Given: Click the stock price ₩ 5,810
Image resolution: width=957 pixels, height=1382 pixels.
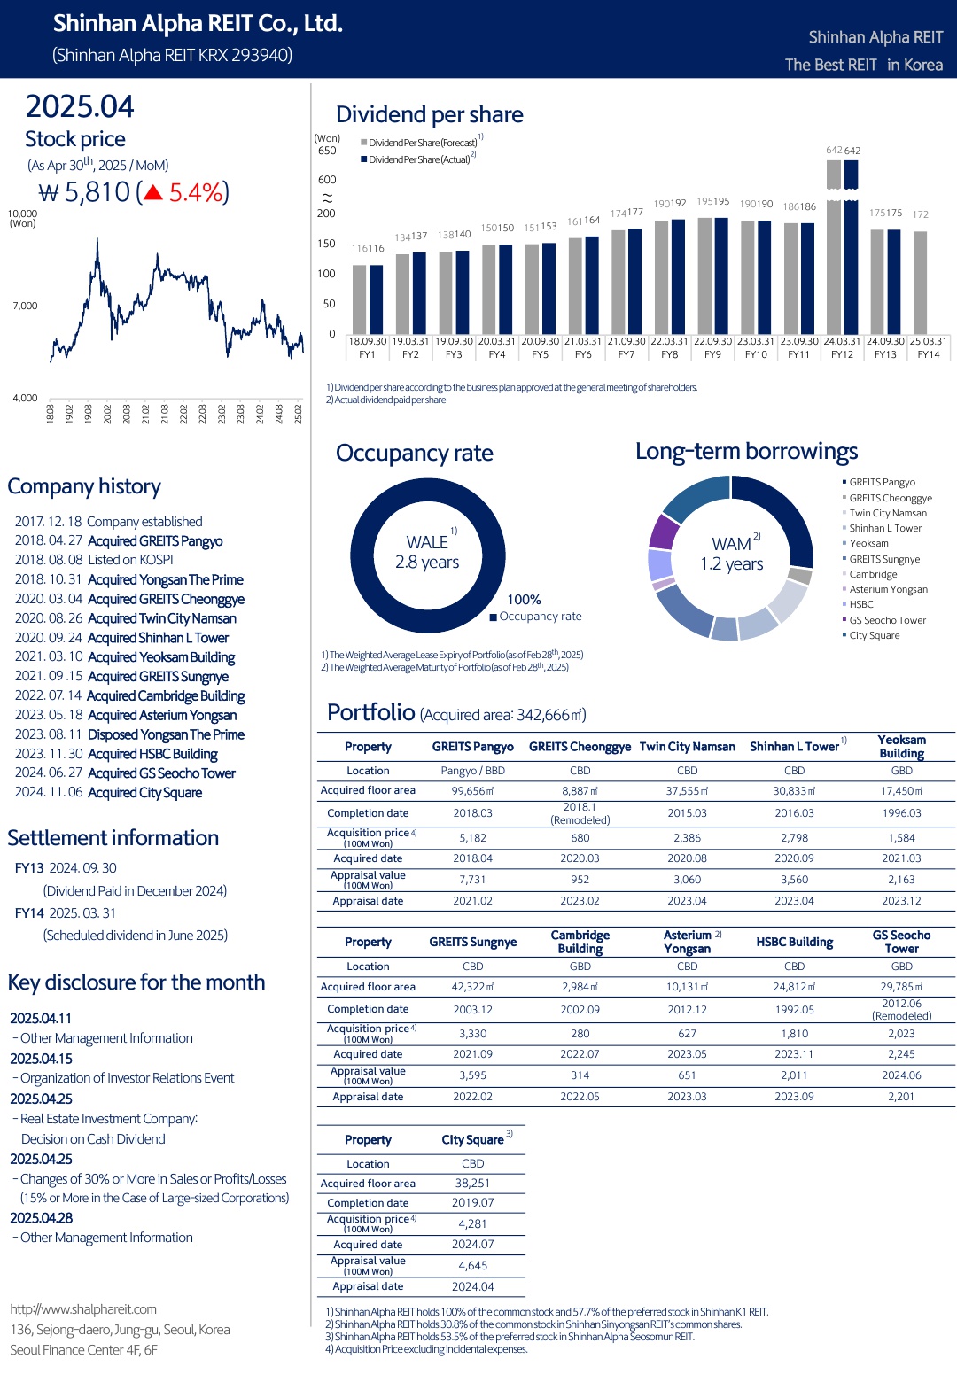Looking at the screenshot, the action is pos(84,192).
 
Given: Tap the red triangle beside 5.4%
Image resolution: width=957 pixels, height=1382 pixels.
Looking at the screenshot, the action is pos(152,193).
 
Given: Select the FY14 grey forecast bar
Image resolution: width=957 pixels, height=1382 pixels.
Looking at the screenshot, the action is pos(920,283).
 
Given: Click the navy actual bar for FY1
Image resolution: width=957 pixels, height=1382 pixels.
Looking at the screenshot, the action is pos(376,299).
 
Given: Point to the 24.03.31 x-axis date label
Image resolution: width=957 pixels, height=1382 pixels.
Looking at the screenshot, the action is pos(842,341).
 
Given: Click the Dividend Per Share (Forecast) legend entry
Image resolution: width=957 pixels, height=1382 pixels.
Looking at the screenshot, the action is pos(419,143).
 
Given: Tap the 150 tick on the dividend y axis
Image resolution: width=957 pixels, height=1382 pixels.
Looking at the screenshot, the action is pos(326,244).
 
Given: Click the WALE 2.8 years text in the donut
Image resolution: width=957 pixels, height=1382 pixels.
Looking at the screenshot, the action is pos(427,552).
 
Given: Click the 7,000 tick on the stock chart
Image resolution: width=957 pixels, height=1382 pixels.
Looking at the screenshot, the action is pos(25,306).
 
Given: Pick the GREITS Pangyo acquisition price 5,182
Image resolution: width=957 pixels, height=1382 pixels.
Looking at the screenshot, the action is pos(472,838).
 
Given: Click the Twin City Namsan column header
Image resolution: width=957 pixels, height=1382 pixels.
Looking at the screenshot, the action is pos(688,747).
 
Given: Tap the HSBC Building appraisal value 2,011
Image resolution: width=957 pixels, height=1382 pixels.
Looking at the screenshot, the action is pos(794,1075).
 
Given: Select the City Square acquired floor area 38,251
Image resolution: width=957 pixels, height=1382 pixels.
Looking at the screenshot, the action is pos(472,1183).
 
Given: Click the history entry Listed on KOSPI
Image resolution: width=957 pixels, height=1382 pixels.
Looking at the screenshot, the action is pos(130,560).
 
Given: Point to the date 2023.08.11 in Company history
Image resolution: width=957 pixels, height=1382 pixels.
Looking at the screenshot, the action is pos(49,734).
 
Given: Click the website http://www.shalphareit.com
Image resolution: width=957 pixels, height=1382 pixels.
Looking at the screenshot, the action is pos(83,1309).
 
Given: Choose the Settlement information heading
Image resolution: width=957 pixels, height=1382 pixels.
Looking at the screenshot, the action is pos(113,838).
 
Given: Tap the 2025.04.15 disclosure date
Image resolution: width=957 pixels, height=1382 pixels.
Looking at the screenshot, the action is pos(41,1059).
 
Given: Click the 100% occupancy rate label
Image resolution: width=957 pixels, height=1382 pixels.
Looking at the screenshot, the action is pos(524,600).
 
